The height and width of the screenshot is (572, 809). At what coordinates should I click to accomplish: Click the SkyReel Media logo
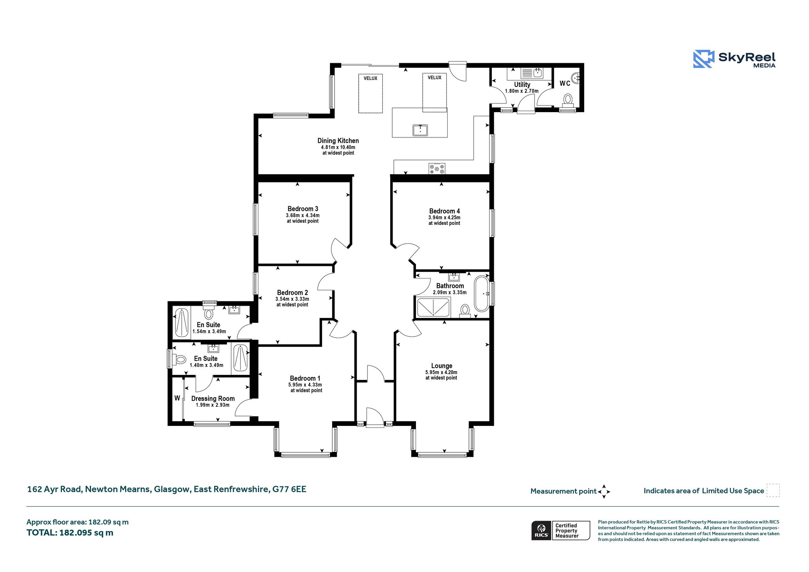point(734,59)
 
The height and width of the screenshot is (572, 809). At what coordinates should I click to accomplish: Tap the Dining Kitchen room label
point(338,141)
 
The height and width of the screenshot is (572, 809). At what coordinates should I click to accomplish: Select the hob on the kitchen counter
point(437,169)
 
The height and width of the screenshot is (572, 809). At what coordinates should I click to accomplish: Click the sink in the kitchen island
point(420,130)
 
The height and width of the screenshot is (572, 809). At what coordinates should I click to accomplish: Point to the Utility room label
point(522,85)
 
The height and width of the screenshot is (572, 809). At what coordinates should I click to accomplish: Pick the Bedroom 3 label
point(303,209)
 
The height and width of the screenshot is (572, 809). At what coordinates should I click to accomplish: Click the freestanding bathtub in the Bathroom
point(482,294)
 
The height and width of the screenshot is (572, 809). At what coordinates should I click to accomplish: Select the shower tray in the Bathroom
point(433,307)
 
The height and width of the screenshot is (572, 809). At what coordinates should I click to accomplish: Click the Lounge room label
point(442,366)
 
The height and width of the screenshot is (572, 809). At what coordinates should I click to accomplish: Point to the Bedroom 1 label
point(305,378)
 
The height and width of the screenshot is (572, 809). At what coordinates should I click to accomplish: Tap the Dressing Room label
point(213,399)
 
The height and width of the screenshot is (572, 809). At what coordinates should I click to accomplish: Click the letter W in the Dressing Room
point(177,398)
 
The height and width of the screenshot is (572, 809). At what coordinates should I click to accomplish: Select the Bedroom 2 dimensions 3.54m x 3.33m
point(292,299)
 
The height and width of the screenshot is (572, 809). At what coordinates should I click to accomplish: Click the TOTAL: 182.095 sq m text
point(70,532)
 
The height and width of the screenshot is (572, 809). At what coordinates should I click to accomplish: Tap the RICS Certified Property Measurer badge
point(561,531)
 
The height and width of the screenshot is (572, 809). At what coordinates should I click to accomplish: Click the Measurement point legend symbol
point(604,492)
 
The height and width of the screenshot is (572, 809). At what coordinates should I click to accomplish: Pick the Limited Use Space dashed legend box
point(773,490)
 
